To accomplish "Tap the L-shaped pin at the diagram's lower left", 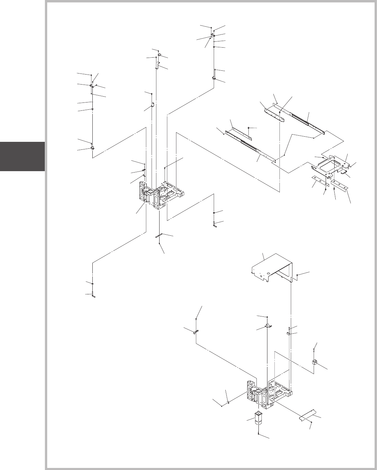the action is point(93,294).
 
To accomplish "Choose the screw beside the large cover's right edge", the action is point(297,275).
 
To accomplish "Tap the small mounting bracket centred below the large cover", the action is point(268,325).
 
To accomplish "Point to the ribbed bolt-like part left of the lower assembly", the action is point(195,332).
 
